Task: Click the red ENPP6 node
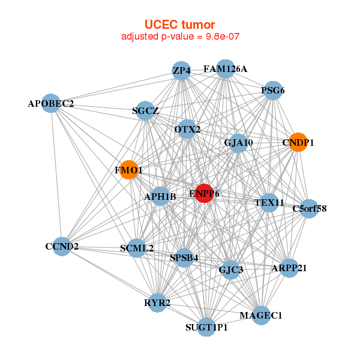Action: (204, 193)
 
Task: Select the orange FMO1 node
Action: (128, 170)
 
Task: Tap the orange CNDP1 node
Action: (298, 142)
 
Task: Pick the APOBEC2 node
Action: (51, 103)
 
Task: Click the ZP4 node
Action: (181, 71)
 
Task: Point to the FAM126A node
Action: (225, 69)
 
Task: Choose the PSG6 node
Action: (273, 91)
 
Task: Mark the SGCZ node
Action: (146, 110)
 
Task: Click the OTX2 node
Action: (187, 129)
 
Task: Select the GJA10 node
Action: (238, 143)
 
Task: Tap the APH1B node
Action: (160, 196)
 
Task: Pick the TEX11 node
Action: (269, 202)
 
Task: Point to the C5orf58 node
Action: (309, 209)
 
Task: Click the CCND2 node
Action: (62, 246)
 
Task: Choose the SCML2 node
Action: (137, 248)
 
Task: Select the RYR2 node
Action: (157, 302)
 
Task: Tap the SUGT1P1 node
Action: (206, 327)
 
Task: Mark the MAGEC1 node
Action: (261, 315)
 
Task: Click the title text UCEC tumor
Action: (179, 25)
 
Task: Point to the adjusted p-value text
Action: (180, 37)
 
